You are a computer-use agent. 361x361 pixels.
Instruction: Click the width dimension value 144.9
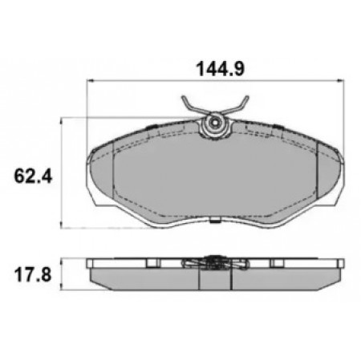point(220,69)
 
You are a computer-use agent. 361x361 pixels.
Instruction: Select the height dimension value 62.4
point(33,176)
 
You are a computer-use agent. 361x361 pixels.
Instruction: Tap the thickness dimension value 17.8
point(33,275)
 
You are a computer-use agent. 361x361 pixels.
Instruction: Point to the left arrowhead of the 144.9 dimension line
point(90,80)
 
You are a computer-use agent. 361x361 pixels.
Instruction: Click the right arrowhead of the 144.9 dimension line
point(341,80)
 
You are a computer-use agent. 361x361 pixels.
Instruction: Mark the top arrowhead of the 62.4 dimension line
point(62,121)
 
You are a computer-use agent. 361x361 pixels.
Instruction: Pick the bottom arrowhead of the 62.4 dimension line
point(62,225)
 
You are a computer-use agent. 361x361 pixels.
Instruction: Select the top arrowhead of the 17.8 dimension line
point(62,262)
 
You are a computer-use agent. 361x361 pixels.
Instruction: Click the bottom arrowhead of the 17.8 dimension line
point(62,286)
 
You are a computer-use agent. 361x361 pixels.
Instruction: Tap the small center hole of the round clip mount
point(215,124)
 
